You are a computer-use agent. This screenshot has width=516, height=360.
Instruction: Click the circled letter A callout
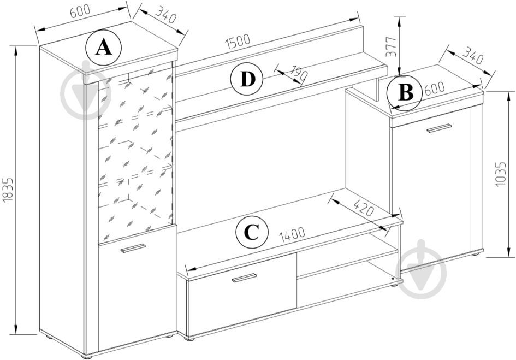point(104,48)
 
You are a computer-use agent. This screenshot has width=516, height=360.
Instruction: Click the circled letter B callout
point(405,92)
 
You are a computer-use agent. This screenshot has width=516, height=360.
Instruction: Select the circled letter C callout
point(251,233)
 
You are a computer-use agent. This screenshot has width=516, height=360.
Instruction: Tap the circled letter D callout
point(247,80)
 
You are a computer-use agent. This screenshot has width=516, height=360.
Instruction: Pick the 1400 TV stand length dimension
point(292,235)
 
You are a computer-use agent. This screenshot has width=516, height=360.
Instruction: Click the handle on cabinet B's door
point(439,128)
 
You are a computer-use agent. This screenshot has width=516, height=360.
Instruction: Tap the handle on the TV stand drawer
point(244,278)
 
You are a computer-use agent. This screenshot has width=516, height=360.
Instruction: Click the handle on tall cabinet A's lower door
point(133,248)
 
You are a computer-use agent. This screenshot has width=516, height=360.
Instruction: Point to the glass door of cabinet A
point(135,153)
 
